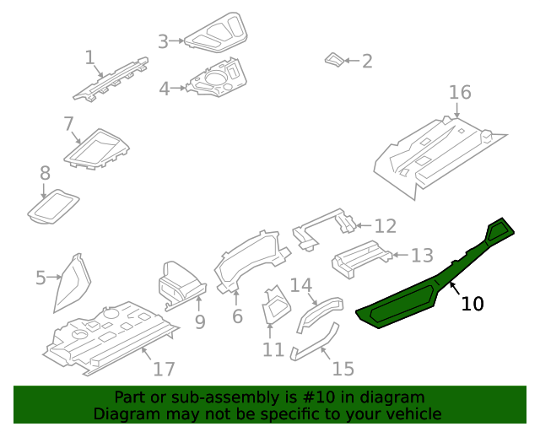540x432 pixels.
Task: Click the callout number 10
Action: (472, 304)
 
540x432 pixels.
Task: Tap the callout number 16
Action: (459, 92)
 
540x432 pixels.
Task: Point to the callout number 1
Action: (89, 57)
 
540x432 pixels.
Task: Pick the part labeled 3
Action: (215, 36)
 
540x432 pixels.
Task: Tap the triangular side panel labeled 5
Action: (73, 282)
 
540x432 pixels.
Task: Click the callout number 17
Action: (164, 369)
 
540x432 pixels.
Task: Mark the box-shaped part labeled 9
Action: (180, 283)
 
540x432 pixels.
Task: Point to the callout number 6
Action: (237, 316)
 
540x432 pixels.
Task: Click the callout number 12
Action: (385, 226)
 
